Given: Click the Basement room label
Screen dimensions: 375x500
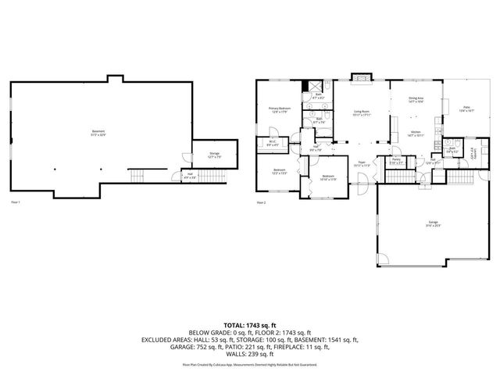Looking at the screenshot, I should pyautogui.click(x=98, y=132).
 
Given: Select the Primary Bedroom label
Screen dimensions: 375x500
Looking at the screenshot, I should pyautogui.click(x=279, y=110).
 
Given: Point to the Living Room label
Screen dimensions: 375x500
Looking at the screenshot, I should pyautogui.click(x=360, y=112).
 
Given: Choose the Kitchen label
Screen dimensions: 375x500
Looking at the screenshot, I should pyautogui.click(x=416, y=134).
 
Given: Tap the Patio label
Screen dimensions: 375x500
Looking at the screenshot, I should pyautogui.click(x=466, y=110).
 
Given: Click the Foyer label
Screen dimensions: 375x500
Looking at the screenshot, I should pyautogui.click(x=360, y=165).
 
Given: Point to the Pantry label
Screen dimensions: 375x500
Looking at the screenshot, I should pyautogui.click(x=397, y=161).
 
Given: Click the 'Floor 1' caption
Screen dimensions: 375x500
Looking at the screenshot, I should pyautogui.click(x=14, y=202).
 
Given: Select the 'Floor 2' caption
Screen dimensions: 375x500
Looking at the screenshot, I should pyautogui.click(x=261, y=202).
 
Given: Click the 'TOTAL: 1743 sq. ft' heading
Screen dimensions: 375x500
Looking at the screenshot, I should pyautogui.click(x=250, y=324).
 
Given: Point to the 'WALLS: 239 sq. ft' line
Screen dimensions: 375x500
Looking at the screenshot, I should pyautogui.click(x=250, y=354).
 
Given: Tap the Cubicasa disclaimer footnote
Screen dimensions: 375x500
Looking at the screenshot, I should pyautogui.click(x=250, y=364).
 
